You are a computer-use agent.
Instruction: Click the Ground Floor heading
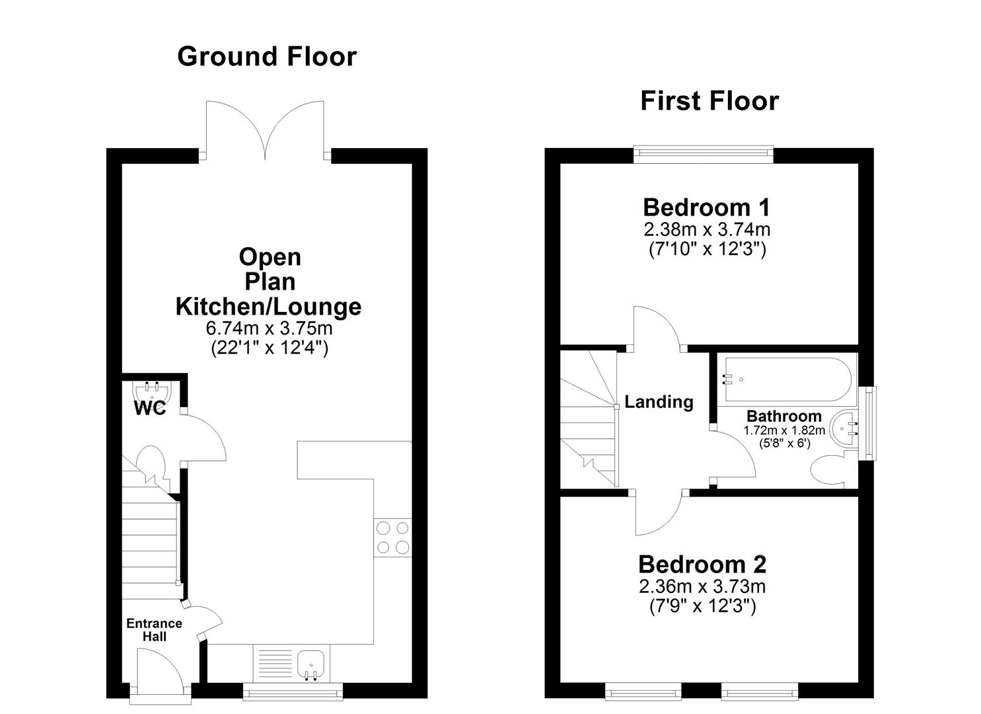[267, 57]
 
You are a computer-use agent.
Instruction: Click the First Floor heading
[709, 101]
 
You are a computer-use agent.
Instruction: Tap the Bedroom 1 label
[706, 208]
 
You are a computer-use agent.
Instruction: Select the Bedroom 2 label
[702, 565]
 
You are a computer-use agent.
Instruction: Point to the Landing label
[659, 402]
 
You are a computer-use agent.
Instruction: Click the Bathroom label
[783, 416]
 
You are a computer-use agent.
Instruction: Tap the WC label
[150, 409]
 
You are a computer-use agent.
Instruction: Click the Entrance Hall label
[154, 630]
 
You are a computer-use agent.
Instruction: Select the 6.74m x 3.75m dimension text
[269, 329]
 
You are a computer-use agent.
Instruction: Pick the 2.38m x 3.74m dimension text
[706, 230]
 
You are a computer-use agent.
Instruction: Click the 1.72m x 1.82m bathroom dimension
[784, 430]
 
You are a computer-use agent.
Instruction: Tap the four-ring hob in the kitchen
[392, 537]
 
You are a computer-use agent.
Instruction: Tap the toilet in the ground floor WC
[151, 462]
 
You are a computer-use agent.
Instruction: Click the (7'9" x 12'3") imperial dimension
[702, 606]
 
